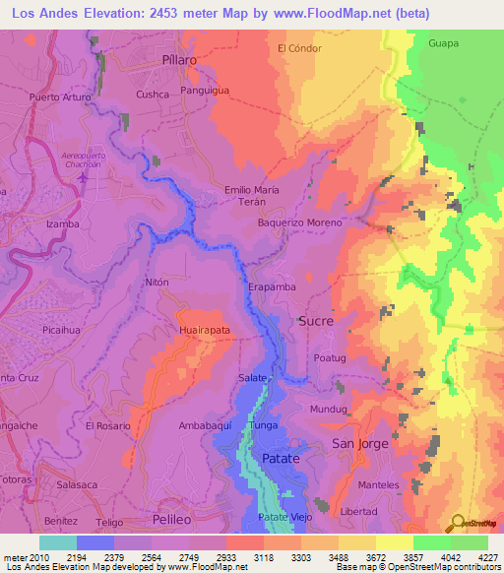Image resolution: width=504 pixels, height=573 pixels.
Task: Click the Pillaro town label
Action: (179, 60)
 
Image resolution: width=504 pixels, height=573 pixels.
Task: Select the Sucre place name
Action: (315, 321)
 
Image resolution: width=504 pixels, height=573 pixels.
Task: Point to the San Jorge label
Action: (360, 444)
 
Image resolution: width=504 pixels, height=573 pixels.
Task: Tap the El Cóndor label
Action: (300, 47)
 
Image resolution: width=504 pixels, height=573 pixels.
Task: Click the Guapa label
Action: (445, 43)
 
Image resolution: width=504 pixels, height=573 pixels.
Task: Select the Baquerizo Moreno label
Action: (300, 223)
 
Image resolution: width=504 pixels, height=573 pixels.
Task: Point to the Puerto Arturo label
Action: (60, 97)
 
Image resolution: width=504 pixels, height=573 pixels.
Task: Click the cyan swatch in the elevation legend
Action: (58, 542)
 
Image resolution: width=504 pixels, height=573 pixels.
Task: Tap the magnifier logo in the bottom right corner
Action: (457, 521)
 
